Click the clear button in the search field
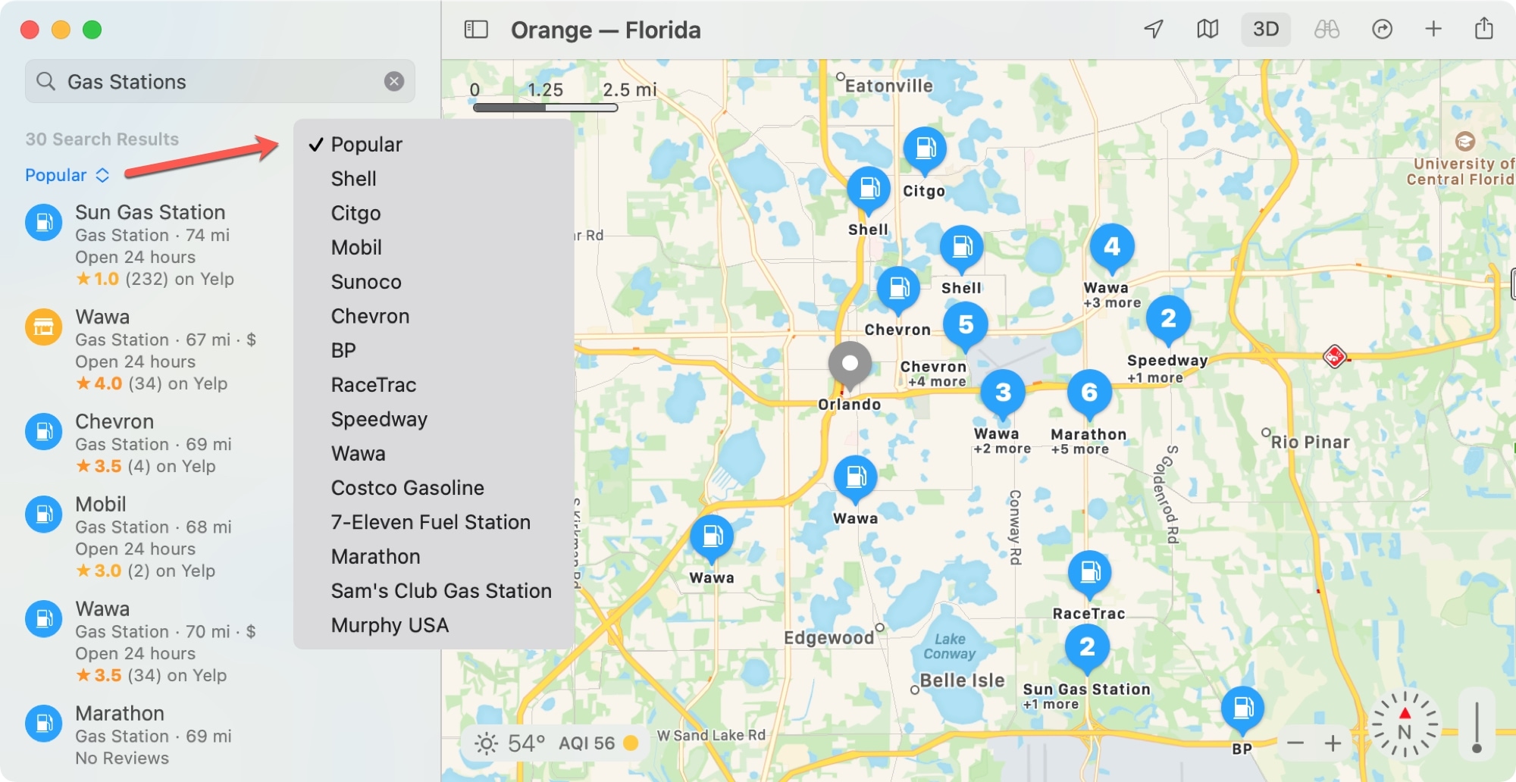[394, 81]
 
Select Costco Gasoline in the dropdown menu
[407, 488]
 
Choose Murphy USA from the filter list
[390, 625]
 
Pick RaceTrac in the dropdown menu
[373, 385]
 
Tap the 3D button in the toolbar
[1265, 30]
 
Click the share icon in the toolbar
[1483, 29]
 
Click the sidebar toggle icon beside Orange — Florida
[476, 30]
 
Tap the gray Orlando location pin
[850, 364]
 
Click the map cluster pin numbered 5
[965, 324]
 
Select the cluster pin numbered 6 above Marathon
[1089, 393]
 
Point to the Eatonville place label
[888, 86]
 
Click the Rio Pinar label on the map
[1310, 442]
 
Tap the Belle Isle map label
[962, 680]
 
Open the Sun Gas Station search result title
[150, 212]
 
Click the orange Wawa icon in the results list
[44, 327]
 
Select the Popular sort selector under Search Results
[67, 175]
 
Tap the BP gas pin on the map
[1242, 708]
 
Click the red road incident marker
[1334, 355]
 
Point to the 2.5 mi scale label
[629, 89]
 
